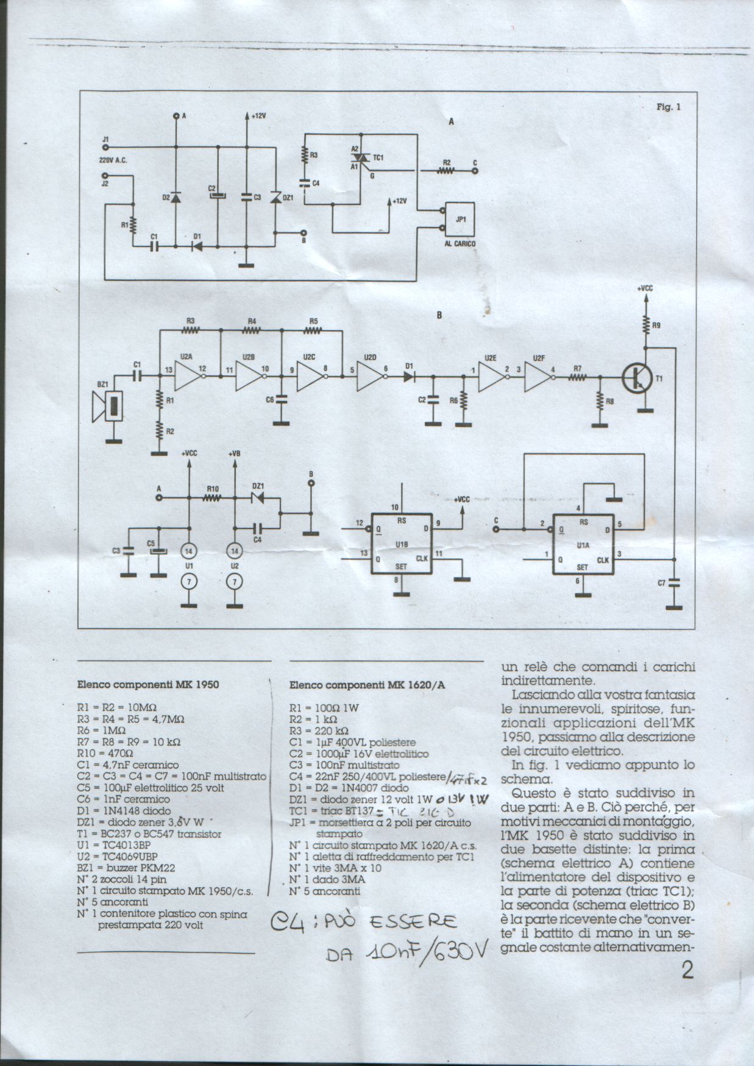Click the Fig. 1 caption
click(x=668, y=107)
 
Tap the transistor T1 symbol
click(x=635, y=378)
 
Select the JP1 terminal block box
click(x=460, y=219)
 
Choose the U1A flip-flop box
click(x=583, y=543)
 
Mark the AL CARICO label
click(x=460, y=243)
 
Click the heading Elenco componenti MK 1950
click(x=148, y=684)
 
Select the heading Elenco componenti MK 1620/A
click(x=367, y=685)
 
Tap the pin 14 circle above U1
click(x=189, y=551)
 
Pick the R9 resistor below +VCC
click(x=646, y=325)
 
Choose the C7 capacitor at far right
click(x=674, y=583)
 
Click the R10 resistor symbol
click(x=212, y=498)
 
